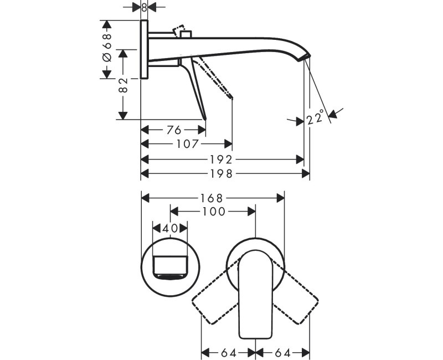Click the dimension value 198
point(221,173)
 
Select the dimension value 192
point(221,160)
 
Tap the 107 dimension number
point(188,144)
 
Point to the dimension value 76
point(174,130)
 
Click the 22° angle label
point(315,116)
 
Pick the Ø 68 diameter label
point(107,48)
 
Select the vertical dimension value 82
point(123,85)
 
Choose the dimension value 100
point(214,212)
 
